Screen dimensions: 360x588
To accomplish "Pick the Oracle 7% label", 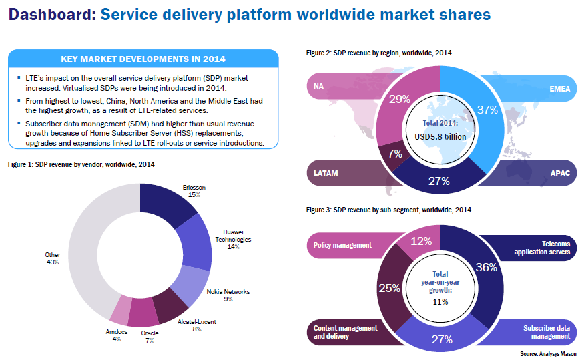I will point(150,336).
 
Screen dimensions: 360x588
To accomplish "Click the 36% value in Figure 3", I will point(487,267).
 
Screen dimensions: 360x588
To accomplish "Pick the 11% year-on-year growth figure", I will point(439,302).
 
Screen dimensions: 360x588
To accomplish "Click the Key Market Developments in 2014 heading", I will point(143,59).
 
